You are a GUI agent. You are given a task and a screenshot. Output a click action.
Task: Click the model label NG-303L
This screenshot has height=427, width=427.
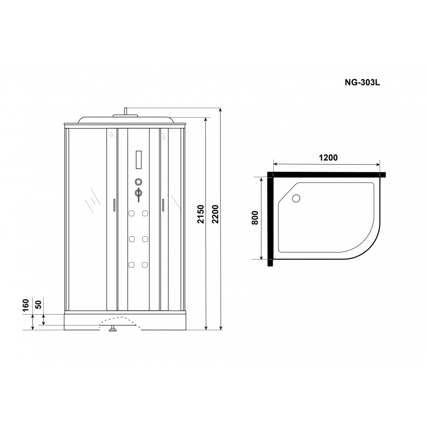[x=362, y=82]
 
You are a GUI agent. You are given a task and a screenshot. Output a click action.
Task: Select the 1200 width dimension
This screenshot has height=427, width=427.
[x=328, y=158]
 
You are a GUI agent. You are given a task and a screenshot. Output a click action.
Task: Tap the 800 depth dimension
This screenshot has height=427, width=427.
[x=255, y=218]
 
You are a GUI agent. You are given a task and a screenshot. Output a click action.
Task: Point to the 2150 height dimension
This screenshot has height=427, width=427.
[x=200, y=214]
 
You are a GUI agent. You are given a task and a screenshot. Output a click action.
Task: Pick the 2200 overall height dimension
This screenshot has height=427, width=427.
[x=215, y=214]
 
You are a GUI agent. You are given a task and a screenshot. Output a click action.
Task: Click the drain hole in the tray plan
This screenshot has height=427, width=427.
[x=296, y=198]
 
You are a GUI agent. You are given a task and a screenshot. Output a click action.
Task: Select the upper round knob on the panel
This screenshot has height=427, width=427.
[x=139, y=182]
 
